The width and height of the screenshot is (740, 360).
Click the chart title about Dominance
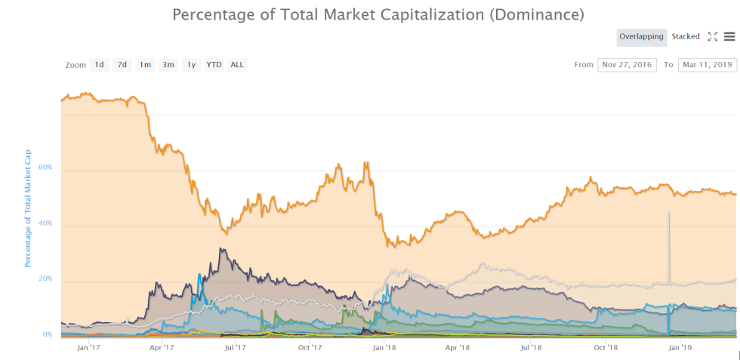click(x=378, y=14)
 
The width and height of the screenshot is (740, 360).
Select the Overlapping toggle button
click(x=641, y=36)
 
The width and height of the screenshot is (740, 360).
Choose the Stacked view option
click(x=686, y=36)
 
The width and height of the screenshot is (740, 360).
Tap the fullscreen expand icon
click(x=712, y=36)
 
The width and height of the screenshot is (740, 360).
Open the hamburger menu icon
click(x=729, y=36)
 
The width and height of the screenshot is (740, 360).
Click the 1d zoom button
click(x=99, y=65)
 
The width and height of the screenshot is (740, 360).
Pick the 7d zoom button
click(x=122, y=65)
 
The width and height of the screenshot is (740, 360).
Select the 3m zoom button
click(x=168, y=65)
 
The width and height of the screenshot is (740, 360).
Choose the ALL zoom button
click(x=237, y=65)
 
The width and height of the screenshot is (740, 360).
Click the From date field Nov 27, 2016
click(x=627, y=65)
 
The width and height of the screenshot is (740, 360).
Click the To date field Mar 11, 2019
click(x=707, y=65)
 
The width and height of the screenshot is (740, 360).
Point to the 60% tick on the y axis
click(x=45, y=168)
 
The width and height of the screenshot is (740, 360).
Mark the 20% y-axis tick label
click(x=45, y=278)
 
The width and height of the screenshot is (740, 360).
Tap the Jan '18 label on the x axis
click(x=385, y=348)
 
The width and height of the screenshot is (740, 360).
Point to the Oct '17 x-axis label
click(x=310, y=348)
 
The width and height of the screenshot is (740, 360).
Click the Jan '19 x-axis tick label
click(x=681, y=348)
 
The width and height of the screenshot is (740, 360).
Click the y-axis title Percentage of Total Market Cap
click(x=28, y=208)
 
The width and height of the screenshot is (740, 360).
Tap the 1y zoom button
click(x=191, y=65)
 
